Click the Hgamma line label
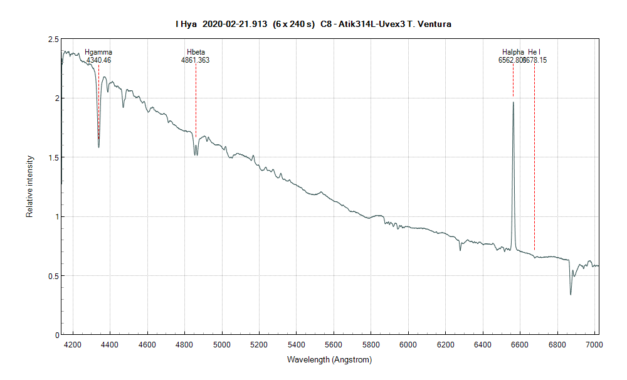[98, 52]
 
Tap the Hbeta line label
[196, 52]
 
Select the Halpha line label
[513, 52]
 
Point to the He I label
[534, 52]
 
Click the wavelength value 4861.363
[196, 60]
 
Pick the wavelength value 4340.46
[98, 60]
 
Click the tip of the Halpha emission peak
[513, 102]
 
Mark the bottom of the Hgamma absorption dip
[98, 147]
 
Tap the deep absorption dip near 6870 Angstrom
[571, 294]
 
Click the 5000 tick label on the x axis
[222, 344]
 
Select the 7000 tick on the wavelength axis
[594, 344]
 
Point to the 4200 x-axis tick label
[73, 344]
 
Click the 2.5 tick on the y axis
[53, 40]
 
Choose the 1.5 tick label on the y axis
[53, 157]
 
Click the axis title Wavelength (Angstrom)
[329, 360]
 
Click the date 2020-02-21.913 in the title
[234, 24]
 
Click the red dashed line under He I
[534, 157]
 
